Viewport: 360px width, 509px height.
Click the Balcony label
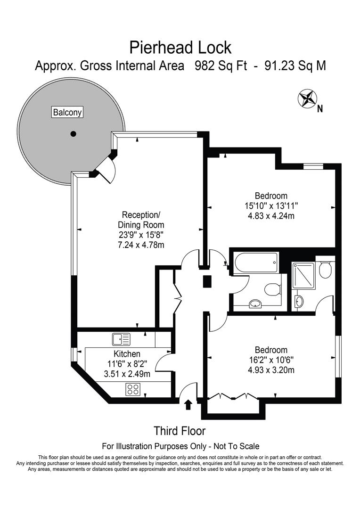point(67,112)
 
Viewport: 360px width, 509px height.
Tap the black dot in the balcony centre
point(73,134)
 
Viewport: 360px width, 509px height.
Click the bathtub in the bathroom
point(255,263)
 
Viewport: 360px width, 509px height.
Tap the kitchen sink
point(121,338)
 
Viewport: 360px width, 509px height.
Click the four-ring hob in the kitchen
point(133,389)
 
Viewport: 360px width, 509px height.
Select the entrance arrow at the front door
point(188,404)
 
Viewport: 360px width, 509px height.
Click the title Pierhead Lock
point(180,47)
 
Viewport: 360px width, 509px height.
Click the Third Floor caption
point(180,431)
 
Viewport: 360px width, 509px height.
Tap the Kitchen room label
point(127,354)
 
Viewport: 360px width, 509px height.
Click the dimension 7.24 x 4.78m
point(141,245)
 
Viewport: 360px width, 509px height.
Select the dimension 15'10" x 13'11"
point(271,206)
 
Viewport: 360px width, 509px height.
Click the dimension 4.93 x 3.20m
point(271,370)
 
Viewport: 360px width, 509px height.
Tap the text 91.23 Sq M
point(295,66)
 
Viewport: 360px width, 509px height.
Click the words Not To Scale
point(236,446)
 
